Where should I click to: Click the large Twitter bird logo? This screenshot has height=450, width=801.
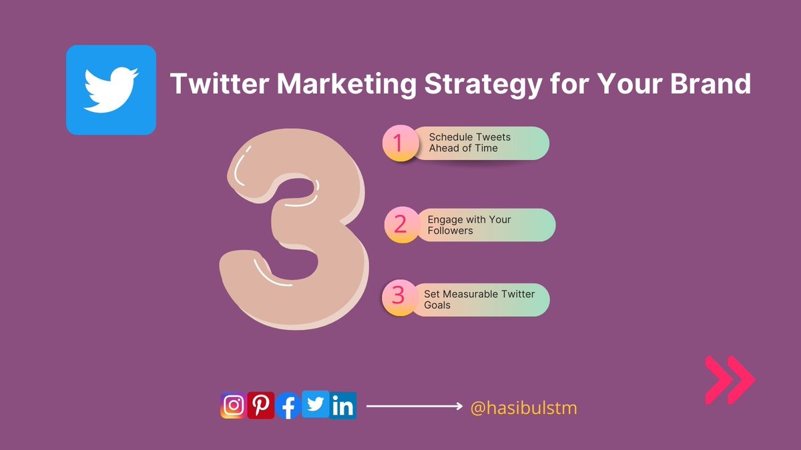coord(111,90)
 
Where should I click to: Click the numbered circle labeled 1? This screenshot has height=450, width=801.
coord(399,143)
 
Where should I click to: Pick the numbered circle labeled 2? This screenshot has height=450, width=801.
coord(400,225)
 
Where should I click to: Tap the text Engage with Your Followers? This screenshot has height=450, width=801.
coord(469,225)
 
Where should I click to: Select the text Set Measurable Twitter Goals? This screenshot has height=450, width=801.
coord(479,299)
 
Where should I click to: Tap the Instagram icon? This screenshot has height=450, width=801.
coord(233,405)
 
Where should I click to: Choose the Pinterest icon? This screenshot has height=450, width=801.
coord(261,405)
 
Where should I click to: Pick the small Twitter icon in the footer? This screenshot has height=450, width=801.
coord(316,404)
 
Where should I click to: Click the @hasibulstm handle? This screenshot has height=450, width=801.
coord(523,407)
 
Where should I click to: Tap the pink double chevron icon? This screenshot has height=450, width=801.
coord(730,380)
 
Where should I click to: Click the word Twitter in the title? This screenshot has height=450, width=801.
coord(214,85)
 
